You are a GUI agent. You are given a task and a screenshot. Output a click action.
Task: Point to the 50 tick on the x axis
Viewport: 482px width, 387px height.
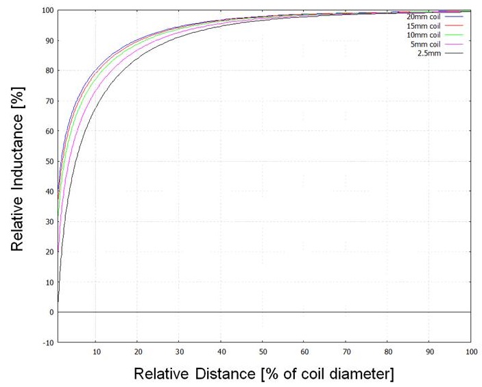click(x=262, y=351)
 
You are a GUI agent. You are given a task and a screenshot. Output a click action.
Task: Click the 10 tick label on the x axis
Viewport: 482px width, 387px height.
click(x=96, y=351)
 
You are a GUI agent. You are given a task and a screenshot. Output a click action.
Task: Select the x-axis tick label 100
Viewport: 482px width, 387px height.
click(x=470, y=351)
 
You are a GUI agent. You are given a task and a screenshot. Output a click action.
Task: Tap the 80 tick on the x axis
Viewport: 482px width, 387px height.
click(x=387, y=351)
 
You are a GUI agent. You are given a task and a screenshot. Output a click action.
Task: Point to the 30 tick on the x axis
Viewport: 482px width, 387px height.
click(x=179, y=351)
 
